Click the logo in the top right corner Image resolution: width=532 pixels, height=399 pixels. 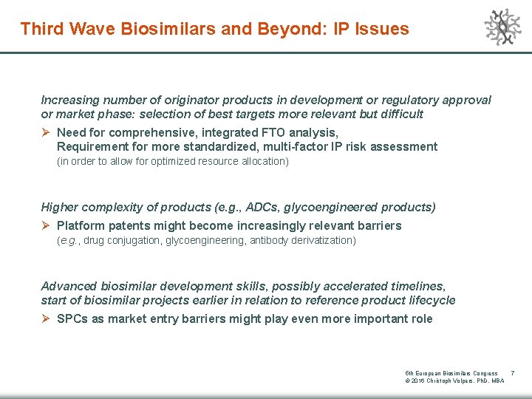[x=502, y=27]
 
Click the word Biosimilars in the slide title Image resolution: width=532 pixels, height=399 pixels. [x=147, y=30]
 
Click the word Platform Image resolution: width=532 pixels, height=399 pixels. [x=80, y=225]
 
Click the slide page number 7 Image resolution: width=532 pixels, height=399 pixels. [x=513, y=373]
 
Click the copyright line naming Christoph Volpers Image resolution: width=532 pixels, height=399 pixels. [x=454, y=381]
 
